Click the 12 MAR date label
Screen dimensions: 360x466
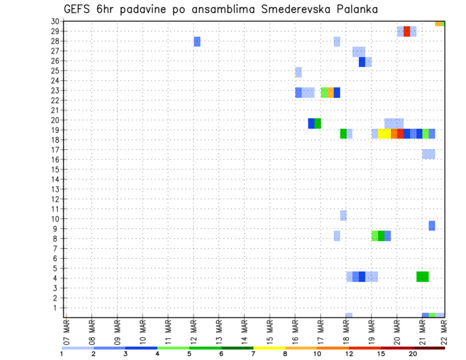[x=193, y=331]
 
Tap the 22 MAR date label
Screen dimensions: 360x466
[x=444, y=331]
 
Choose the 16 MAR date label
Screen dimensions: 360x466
[x=295, y=331]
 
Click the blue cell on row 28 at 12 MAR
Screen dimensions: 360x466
[x=197, y=42]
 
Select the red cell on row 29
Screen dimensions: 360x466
[x=407, y=32]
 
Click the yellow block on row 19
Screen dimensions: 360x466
[x=384, y=133]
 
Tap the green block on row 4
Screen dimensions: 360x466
[x=422, y=277]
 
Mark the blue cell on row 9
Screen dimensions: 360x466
[x=432, y=226]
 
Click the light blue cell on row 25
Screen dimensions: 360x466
[x=298, y=72]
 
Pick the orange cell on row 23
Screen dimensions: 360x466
[x=330, y=92]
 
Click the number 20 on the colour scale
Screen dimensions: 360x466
[x=413, y=354]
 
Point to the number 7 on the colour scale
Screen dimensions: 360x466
[x=253, y=354]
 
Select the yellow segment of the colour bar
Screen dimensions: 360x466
[x=269, y=347]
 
